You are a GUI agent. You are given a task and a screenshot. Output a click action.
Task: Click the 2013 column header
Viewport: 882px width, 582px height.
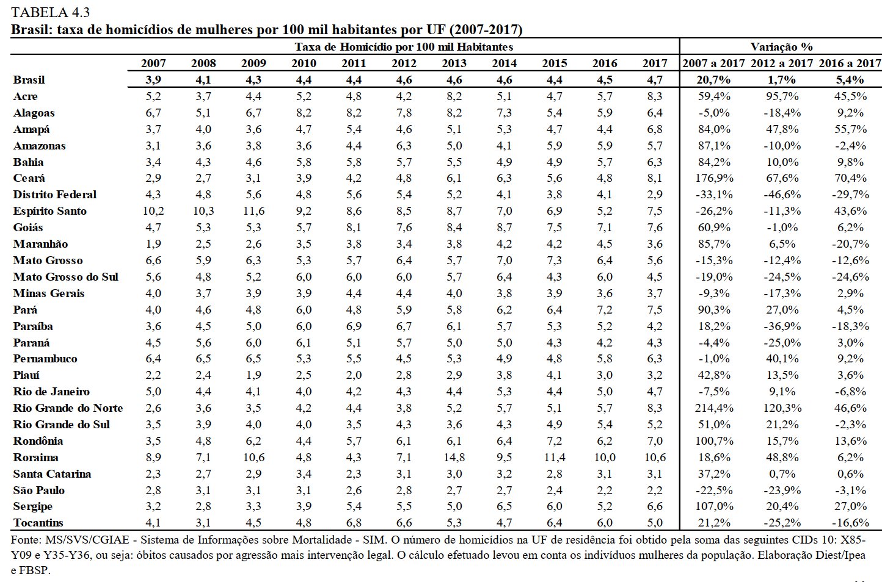coord(454,63)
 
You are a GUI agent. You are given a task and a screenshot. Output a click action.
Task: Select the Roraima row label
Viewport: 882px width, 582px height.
coord(36,458)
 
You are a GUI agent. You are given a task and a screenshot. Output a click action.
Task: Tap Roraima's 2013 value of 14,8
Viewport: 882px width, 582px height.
coord(454,458)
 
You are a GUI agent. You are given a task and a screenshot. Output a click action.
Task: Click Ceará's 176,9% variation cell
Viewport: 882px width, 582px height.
coord(713,178)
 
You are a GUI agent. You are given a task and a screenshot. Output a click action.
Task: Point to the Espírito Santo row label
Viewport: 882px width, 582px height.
coord(49,211)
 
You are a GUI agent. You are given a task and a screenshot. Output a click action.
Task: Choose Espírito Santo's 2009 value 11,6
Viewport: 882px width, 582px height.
coord(253,211)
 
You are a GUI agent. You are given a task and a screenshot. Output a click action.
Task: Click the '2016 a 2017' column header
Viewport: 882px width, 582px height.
coord(849,63)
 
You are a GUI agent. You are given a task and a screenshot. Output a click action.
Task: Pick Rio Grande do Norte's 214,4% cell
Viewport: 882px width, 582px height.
coord(713,408)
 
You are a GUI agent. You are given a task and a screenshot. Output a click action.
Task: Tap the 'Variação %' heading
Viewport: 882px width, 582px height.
coord(781,47)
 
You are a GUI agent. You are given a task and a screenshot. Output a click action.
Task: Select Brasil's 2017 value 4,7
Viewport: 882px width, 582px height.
coord(654,80)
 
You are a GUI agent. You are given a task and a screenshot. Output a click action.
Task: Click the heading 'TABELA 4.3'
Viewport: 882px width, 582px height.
coord(51,13)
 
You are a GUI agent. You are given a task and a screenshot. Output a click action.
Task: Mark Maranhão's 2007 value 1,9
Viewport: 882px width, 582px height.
coord(153,244)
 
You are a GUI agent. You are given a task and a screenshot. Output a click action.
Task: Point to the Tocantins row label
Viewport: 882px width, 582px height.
coord(38,523)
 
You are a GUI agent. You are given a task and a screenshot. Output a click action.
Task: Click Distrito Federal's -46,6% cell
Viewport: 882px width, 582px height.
coord(782,195)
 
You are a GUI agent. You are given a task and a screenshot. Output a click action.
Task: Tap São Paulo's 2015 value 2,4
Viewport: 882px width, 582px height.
coord(555,490)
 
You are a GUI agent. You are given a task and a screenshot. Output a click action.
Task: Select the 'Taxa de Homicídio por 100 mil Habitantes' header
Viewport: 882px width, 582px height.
coord(404,47)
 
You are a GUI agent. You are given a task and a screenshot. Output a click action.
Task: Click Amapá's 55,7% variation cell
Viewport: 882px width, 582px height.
coord(850,129)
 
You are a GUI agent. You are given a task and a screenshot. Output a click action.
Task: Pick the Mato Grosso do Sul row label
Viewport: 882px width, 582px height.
coord(66,277)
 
